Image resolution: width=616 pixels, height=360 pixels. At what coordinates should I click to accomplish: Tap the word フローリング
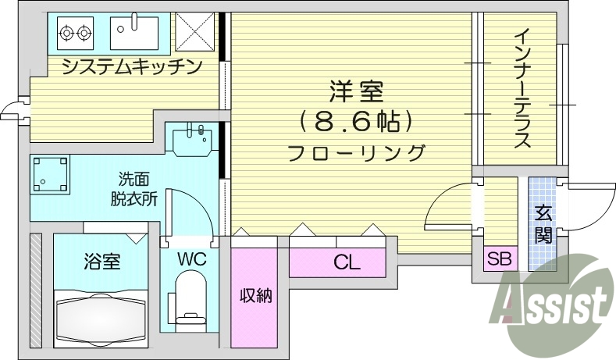(356, 151)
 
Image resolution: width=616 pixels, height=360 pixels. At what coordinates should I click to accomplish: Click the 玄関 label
(543, 223)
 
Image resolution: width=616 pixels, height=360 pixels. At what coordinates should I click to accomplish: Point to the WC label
(190, 259)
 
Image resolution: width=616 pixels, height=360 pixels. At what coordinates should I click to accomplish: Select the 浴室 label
(101, 261)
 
